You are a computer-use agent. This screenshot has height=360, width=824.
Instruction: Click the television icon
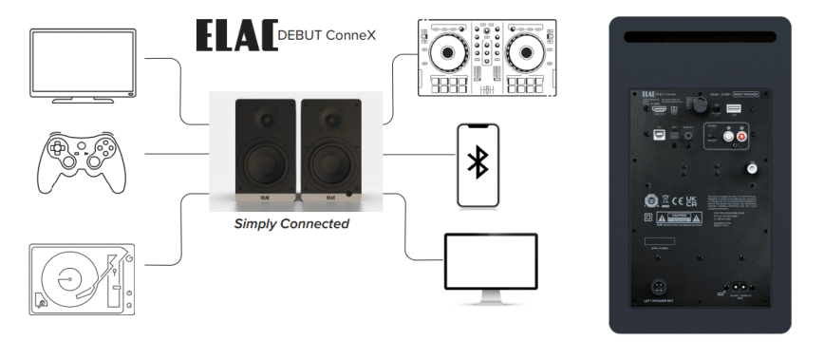84,65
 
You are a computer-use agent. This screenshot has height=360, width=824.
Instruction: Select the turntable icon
80,279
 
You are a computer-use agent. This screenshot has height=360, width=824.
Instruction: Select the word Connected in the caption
316,224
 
